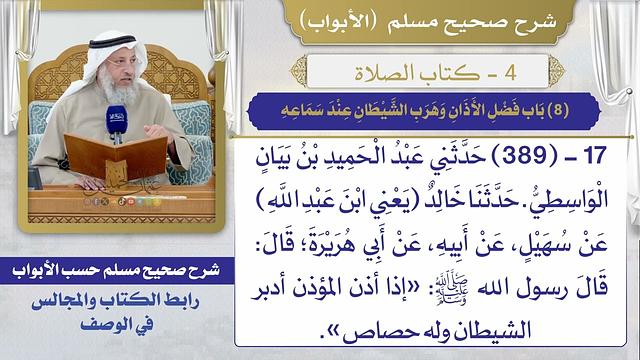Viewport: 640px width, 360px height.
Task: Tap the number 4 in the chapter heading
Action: coord(530,72)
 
